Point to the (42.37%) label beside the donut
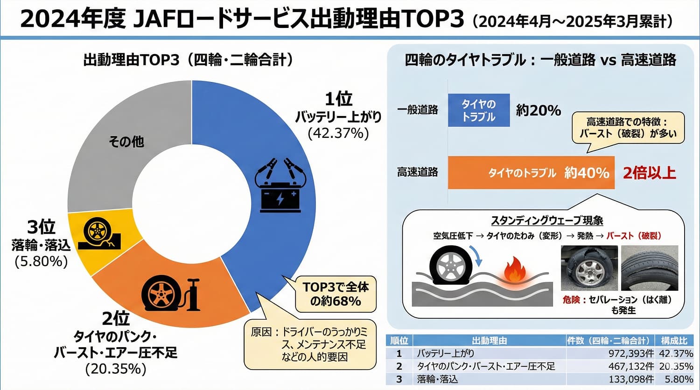click(338, 133)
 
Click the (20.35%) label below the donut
click(116, 369)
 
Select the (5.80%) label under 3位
click(41, 261)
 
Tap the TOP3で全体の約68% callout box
click(336, 294)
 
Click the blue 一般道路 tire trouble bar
click(478, 110)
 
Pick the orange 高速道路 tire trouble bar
click(531, 173)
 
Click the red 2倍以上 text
click(650, 173)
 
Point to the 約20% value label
click(538, 110)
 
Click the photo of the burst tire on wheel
click(589, 268)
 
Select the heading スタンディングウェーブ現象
click(547, 220)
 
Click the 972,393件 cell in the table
click(631, 354)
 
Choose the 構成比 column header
click(674, 341)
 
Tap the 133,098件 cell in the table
click(631, 379)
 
